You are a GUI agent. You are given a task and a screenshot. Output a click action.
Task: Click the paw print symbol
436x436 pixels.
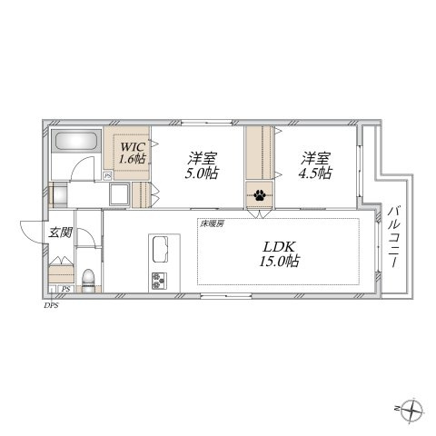click(x=260, y=195)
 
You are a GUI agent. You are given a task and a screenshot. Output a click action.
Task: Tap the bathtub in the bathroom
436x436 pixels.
click(x=76, y=141)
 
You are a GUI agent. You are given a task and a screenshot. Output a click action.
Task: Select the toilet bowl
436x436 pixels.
click(x=88, y=281)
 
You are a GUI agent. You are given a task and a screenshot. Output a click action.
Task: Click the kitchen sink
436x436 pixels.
click(x=161, y=249)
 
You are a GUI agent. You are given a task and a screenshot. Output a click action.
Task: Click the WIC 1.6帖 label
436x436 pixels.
click(x=133, y=153)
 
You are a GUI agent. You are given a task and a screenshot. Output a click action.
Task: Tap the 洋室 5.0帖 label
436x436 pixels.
click(x=202, y=165)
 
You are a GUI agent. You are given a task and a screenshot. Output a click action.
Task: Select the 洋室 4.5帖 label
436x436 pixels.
click(x=315, y=165)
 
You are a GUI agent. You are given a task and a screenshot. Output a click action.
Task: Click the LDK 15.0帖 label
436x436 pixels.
click(x=279, y=254)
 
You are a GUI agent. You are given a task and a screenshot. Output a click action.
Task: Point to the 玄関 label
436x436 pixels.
click(x=61, y=233)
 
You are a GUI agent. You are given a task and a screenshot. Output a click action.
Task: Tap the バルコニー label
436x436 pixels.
click(x=394, y=237)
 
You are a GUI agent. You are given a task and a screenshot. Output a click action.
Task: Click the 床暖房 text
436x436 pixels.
click(x=212, y=223)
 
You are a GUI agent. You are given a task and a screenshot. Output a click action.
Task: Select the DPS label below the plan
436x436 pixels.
click(x=51, y=305)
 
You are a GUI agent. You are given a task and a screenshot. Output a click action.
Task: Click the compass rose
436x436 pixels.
click(x=411, y=411)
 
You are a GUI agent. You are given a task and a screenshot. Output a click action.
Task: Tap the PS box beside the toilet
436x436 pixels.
click(x=65, y=289)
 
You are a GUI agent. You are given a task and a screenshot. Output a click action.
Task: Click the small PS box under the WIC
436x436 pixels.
click(x=107, y=176)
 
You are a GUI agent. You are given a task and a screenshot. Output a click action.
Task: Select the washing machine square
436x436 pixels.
click(x=120, y=194)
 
